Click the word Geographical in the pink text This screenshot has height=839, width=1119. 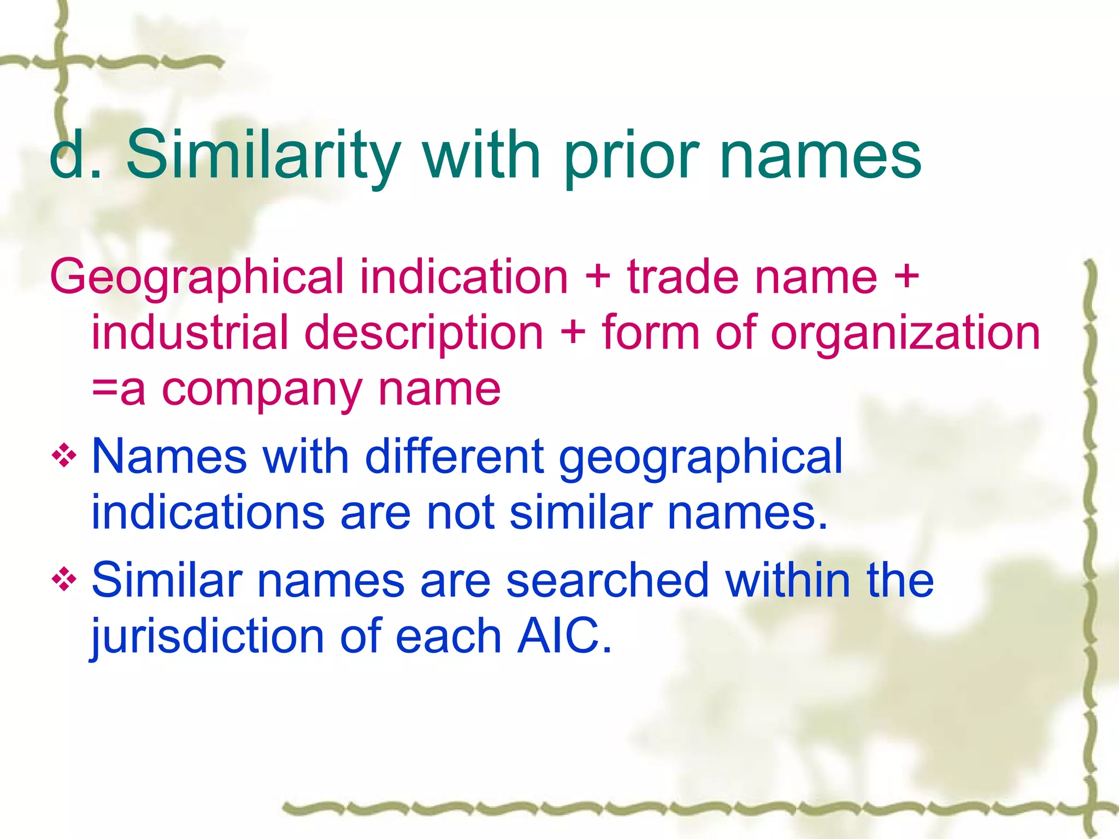click(x=197, y=277)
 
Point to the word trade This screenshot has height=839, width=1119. click(x=682, y=276)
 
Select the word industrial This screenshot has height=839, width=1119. click(x=190, y=333)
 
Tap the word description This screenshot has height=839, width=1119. click(x=424, y=334)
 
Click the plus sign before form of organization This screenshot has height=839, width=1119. click(x=573, y=333)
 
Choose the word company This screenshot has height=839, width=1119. click(x=262, y=391)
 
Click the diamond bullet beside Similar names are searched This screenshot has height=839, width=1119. click(x=64, y=578)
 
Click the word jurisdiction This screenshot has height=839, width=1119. click(x=208, y=637)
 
